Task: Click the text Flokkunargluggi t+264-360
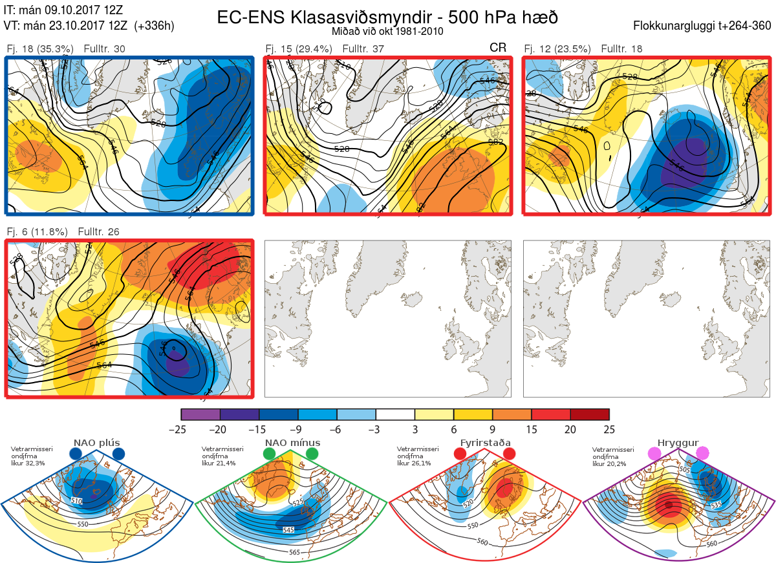point(704,27)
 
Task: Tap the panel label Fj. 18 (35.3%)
point(40,49)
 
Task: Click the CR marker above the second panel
point(498,48)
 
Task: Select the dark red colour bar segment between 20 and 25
point(590,414)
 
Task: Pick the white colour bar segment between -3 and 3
point(395,414)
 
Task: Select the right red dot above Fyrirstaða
point(509,454)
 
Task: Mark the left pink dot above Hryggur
point(656,454)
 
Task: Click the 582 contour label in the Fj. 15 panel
point(496,142)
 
